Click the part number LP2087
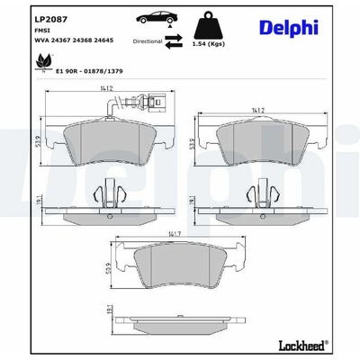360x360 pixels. click(51, 20)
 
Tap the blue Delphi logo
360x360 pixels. click(289, 28)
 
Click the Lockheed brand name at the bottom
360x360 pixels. click(303, 346)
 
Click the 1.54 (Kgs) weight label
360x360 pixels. click(209, 44)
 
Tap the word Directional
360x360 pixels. click(148, 41)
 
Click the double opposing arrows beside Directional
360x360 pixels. click(174, 41)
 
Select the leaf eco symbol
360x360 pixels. click(44, 62)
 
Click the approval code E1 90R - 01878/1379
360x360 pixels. click(89, 71)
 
